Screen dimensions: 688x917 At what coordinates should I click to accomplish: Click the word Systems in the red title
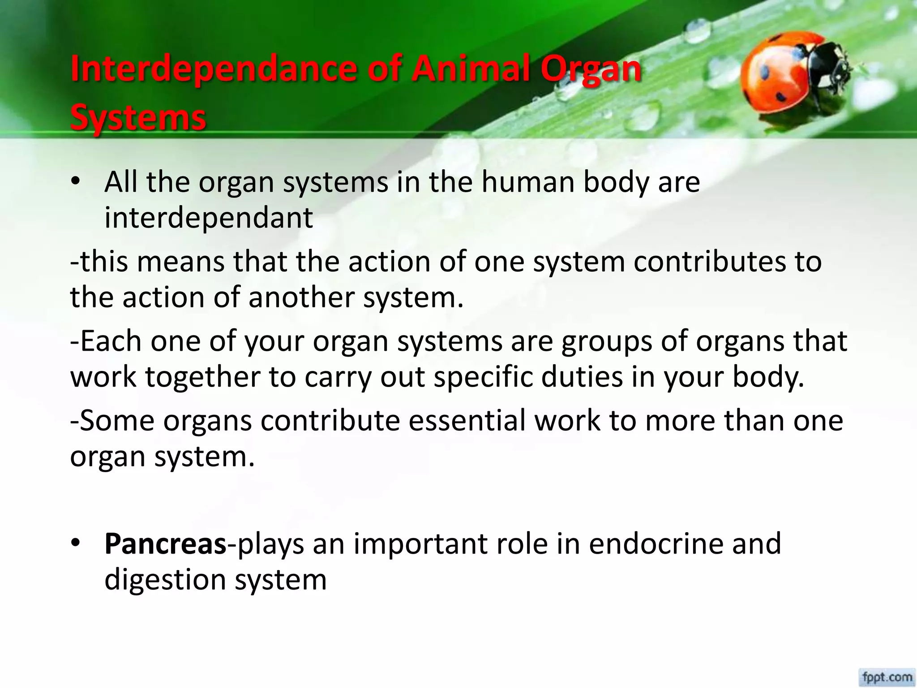(x=138, y=117)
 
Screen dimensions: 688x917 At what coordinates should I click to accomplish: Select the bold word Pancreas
(x=165, y=544)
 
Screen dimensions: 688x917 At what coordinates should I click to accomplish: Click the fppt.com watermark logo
(x=887, y=676)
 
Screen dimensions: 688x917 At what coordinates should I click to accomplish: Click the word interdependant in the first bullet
(x=209, y=218)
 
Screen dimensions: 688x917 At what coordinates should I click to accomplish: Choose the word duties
(x=582, y=377)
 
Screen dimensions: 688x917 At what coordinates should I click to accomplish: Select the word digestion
(x=165, y=580)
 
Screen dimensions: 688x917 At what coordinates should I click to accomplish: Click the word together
(x=202, y=377)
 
